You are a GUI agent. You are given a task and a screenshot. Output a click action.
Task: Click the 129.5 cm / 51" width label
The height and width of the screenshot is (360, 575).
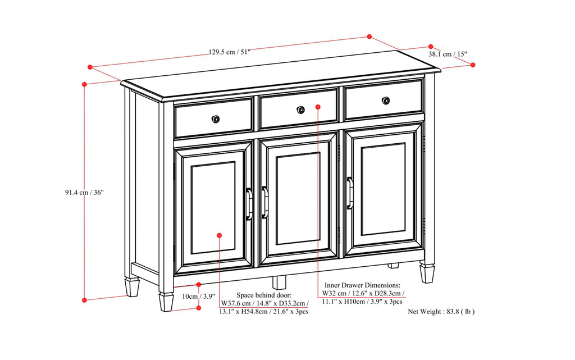pos(229,52)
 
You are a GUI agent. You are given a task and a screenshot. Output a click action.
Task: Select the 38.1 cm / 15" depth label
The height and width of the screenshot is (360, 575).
pos(448,54)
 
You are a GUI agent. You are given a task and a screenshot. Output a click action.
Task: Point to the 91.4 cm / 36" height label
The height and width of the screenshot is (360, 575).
pos(84,192)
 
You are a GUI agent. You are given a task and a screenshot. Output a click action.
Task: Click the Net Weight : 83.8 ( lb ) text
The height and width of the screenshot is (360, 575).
pos(441,311)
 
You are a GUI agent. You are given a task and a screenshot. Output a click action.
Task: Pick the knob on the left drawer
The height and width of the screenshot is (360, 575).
pos(216,119)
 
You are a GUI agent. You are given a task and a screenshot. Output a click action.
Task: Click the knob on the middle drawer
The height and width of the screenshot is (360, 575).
pos(300,110)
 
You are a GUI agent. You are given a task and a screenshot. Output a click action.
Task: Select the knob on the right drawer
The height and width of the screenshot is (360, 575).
pos(385,101)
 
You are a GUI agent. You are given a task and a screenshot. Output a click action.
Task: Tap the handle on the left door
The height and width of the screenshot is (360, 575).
pos(249,203)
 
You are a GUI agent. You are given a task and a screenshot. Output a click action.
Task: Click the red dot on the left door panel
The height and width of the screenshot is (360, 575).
pos(219,235)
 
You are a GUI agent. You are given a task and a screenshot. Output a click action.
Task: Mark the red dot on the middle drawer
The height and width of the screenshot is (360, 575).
pos(318,106)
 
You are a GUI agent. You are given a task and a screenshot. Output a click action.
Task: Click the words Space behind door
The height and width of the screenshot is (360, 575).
pos(264,295)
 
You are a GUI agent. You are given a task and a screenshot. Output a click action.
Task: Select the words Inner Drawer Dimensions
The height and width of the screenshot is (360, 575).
pos(362,285)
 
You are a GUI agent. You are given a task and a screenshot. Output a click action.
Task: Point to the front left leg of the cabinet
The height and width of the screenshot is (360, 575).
pos(166,301)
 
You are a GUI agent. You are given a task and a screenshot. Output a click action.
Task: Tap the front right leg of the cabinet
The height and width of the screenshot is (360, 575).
pos(427,274)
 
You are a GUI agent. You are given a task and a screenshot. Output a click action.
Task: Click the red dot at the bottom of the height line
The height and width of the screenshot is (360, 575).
pos(84,300)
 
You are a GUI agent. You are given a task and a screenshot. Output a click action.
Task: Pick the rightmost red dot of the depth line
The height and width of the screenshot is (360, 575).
pos(473,65)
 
